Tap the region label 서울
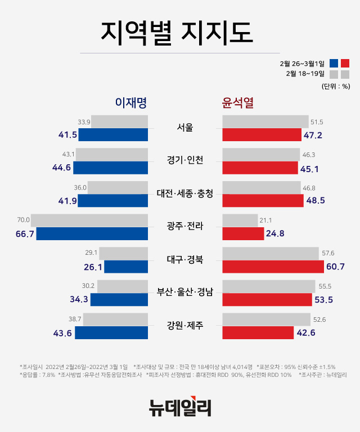pyautogui.click(x=184, y=127)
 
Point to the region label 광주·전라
pyautogui.click(x=184, y=226)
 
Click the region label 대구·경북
pyautogui.click(x=184, y=259)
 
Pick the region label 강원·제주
pyautogui.click(x=184, y=325)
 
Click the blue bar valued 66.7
pyautogui.click(x=92, y=233)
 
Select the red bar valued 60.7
pyautogui.click(x=273, y=267)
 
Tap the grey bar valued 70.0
pyautogui.click(x=89, y=220)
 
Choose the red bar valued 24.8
pyautogui.click(x=243, y=233)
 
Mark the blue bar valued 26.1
pyautogui.click(x=126, y=267)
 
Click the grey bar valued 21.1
pyautogui.click(x=240, y=220)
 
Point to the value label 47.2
pyautogui.click(x=314, y=135)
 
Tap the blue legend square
pyautogui.click(x=334, y=63)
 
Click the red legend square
pyautogui.click(x=345, y=63)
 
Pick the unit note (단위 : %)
pyautogui.click(x=336, y=86)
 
